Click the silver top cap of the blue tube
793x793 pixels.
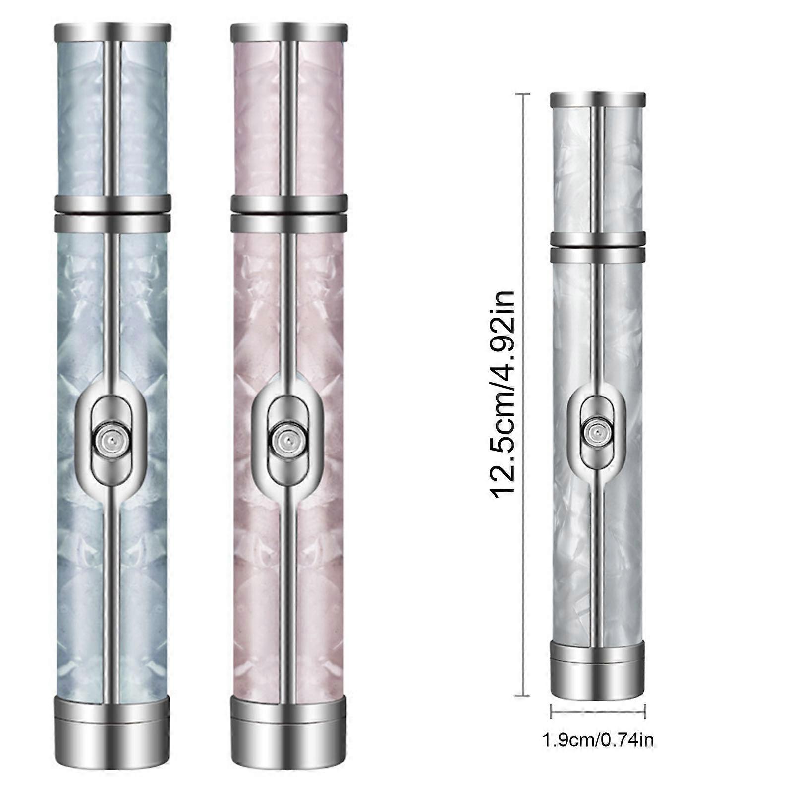(112, 32)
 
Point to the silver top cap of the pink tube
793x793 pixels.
(289, 32)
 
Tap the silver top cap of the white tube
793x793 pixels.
(598, 100)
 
